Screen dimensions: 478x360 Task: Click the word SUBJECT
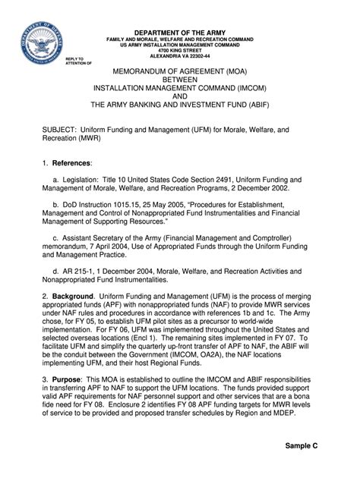58,130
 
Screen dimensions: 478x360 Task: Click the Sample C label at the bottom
302,446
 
